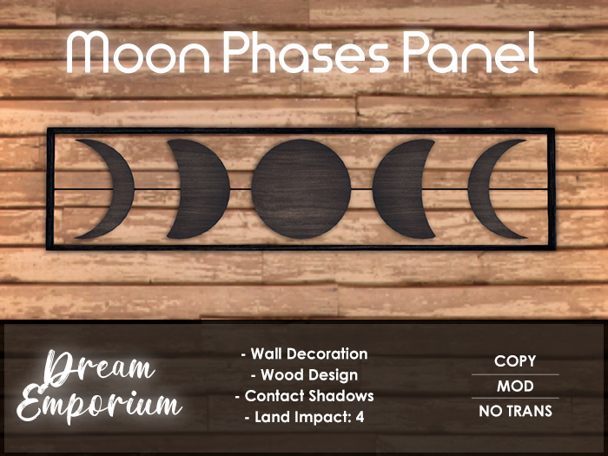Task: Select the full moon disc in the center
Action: click(x=301, y=188)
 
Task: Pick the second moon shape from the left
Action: click(x=202, y=188)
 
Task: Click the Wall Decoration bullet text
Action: click(x=304, y=354)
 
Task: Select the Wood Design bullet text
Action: click(x=304, y=375)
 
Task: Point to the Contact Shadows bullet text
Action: click(x=304, y=396)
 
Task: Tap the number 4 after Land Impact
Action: click(x=360, y=417)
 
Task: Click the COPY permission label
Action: click(x=515, y=361)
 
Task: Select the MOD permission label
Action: click(x=515, y=387)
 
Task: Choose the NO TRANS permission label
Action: click(x=515, y=411)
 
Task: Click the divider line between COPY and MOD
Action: click(x=515, y=374)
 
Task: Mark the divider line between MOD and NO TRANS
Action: click(x=515, y=399)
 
